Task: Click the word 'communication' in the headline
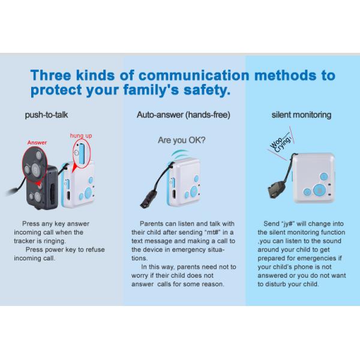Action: click(x=194, y=76)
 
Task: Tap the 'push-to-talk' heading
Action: click(x=46, y=115)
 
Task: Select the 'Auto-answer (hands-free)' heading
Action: click(x=184, y=115)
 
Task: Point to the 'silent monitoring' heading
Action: click(x=301, y=115)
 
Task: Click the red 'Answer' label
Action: click(x=37, y=143)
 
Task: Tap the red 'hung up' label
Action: click(x=81, y=136)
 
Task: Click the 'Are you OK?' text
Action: click(x=182, y=140)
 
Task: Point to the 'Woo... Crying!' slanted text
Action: click(x=281, y=143)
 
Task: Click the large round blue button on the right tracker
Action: click(x=319, y=190)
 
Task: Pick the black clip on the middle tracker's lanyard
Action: click(x=149, y=199)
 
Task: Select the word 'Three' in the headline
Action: click(x=51, y=76)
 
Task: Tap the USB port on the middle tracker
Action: click(x=174, y=194)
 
